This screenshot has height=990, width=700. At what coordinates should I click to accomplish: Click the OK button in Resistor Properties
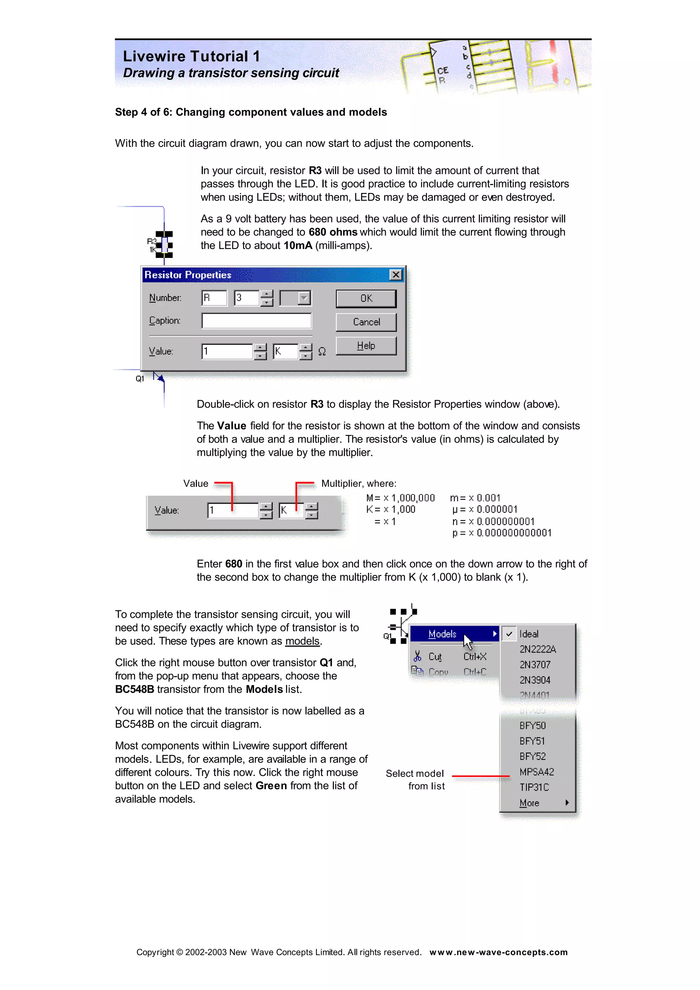click(366, 298)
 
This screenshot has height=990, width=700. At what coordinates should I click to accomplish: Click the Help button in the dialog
click(366, 346)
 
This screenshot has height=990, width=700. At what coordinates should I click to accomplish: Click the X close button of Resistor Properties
click(395, 275)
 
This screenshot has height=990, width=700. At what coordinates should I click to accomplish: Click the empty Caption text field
click(256, 321)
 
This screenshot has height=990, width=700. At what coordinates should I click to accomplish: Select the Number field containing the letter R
click(214, 298)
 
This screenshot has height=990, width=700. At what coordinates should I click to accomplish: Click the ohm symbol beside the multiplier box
click(322, 352)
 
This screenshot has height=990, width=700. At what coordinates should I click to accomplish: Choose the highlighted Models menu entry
click(443, 634)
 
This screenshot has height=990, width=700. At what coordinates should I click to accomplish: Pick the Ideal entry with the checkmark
click(529, 634)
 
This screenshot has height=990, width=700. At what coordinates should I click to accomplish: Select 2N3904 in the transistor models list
click(535, 680)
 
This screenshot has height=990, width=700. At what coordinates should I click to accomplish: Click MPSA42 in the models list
click(537, 772)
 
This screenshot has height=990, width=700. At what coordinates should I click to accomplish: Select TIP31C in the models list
click(534, 787)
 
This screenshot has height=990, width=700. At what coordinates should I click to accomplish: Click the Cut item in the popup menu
click(435, 657)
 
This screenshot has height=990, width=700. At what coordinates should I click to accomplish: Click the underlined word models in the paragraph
click(302, 641)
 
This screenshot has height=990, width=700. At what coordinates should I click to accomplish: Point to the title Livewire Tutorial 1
click(191, 56)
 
